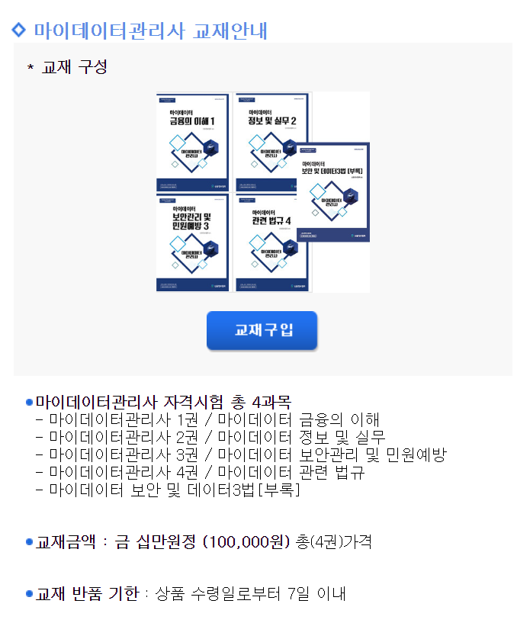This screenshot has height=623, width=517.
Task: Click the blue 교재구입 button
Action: click(262, 330)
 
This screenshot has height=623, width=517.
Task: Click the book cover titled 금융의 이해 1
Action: click(192, 141)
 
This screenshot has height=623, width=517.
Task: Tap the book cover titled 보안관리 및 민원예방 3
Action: click(192, 242)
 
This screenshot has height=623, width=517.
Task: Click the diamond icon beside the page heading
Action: click(20, 31)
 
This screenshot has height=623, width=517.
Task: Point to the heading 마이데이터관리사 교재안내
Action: click(150, 31)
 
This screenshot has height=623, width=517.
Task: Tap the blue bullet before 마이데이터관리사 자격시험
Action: click(30, 402)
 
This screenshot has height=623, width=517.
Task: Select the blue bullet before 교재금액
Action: click(30, 542)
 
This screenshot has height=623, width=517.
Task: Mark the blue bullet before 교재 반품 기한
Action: click(30, 594)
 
